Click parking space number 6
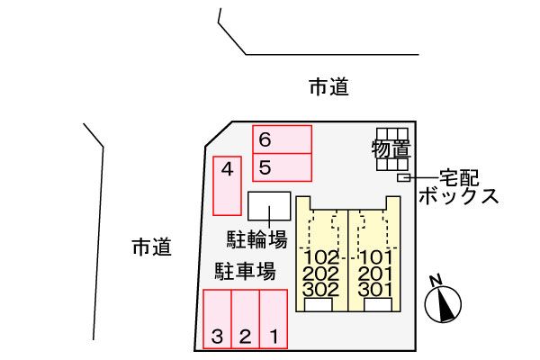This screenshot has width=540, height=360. pyautogui.click(x=282, y=139)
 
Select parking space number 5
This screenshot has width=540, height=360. pyautogui.click(x=282, y=167)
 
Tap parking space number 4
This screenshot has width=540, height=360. pyautogui.click(x=227, y=186)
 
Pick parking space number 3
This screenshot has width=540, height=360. pyautogui.click(x=217, y=319)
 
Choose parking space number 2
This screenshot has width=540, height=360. pyautogui.click(x=245, y=319)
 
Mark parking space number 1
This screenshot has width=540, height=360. pyautogui.click(x=274, y=319)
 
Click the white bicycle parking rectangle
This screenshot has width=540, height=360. pyautogui.click(x=269, y=206)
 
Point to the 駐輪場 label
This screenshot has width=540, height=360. pyautogui.click(x=256, y=239)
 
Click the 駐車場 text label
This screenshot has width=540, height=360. pyautogui.click(x=245, y=272)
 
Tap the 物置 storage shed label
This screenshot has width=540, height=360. pyautogui.click(x=391, y=149)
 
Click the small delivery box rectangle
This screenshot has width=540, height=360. pyautogui.click(x=403, y=178)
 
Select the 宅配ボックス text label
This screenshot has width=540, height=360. pyautogui.click(x=459, y=187)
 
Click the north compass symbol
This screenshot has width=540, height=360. pyautogui.click(x=443, y=304)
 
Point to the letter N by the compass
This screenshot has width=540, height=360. pyautogui.click(x=436, y=280)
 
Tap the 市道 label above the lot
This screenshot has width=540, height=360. pyautogui.click(x=328, y=86)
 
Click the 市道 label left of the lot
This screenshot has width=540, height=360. pyautogui.click(x=152, y=247)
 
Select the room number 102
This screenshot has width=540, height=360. pyautogui.click(x=321, y=257)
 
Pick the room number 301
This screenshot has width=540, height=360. pyautogui.click(x=375, y=290)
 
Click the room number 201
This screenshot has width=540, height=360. pyautogui.click(x=375, y=274)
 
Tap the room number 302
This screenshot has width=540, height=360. pyautogui.click(x=321, y=290)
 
